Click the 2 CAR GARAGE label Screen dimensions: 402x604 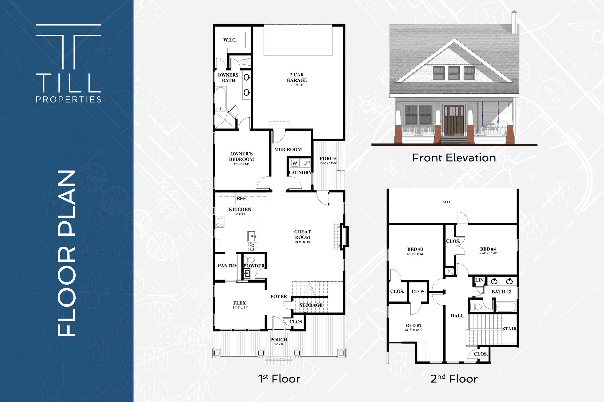297,77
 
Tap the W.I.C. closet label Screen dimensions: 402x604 230,40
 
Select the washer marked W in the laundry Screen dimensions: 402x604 295,163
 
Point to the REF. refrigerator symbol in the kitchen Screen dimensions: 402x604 242,198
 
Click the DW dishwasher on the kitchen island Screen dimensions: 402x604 252,247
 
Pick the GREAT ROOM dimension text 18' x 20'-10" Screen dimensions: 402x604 302,242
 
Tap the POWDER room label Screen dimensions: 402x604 254,266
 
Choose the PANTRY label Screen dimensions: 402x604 228,266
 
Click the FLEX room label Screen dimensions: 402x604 240,303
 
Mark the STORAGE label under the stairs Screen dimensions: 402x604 311,305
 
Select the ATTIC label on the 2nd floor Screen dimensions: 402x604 447,202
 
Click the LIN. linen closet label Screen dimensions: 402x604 479,280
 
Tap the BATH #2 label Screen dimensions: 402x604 501,292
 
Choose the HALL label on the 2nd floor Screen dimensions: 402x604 457,316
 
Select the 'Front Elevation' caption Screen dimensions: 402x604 454,158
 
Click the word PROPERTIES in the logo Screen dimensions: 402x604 69,99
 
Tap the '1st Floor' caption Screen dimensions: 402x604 279,379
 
